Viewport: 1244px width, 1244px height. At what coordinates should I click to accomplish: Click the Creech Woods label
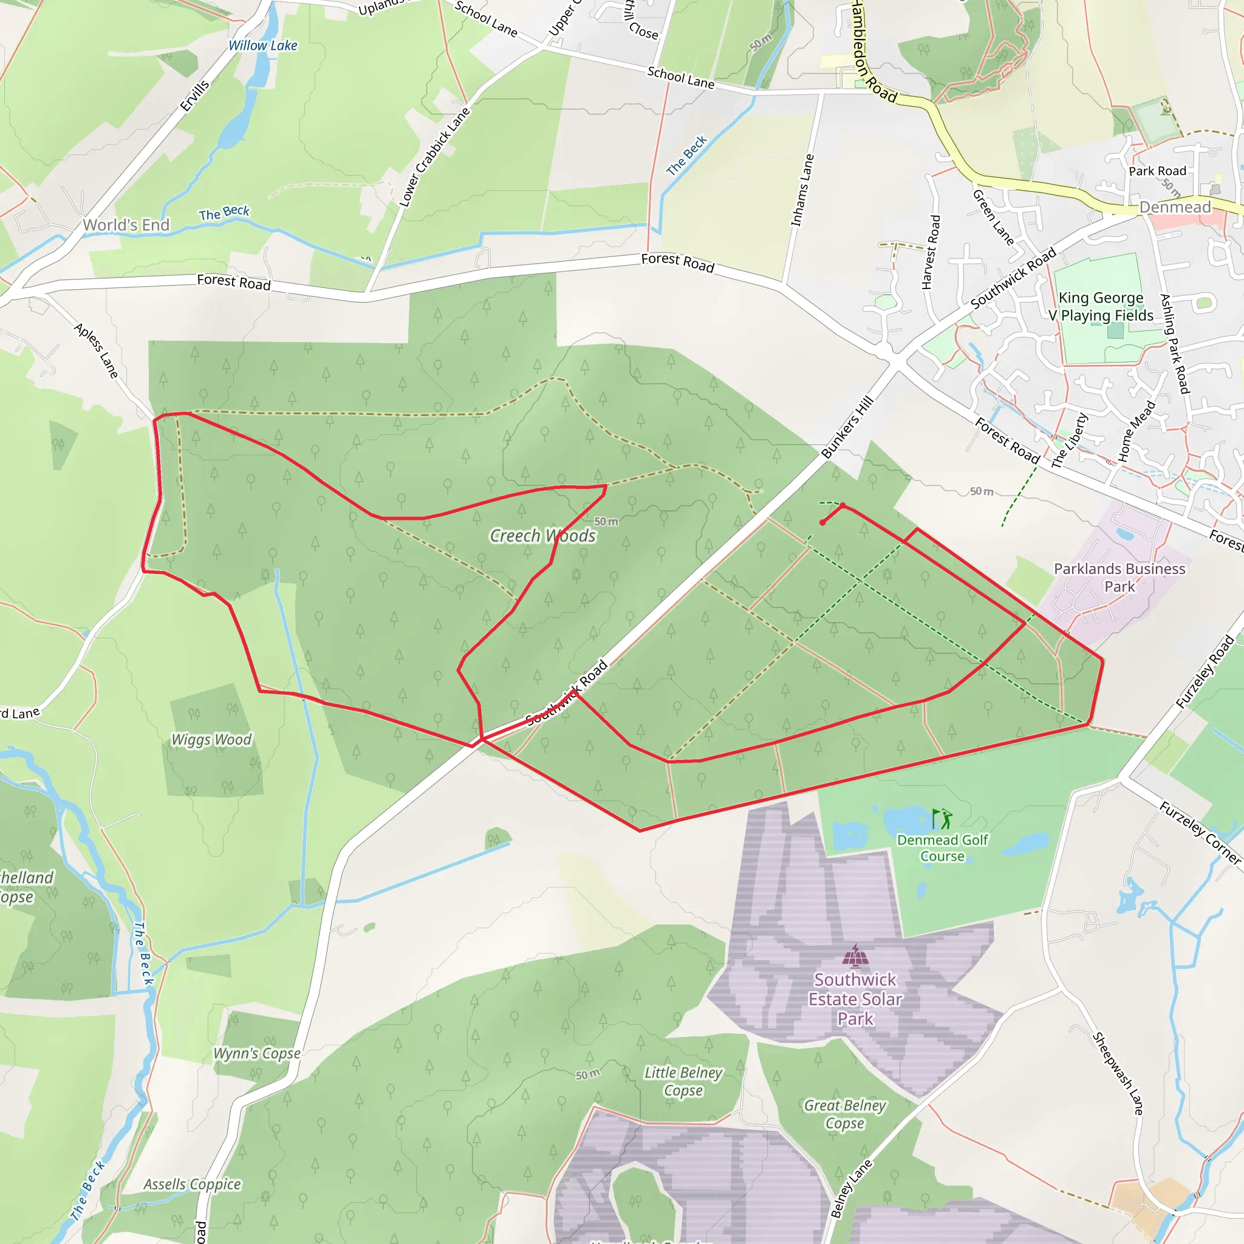543,536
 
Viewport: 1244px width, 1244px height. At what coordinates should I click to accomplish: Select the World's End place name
126,225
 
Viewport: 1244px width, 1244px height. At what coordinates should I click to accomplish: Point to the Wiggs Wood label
211,740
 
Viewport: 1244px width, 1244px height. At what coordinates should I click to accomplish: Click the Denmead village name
1175,207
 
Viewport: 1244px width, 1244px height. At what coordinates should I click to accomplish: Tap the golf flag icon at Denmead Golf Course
942,819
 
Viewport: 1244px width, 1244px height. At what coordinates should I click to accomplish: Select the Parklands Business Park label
1119,578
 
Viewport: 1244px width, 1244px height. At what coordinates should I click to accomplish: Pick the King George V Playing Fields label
1101,307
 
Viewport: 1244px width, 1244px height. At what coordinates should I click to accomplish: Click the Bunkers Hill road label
847,427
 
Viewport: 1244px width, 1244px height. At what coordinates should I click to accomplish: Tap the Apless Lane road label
96,351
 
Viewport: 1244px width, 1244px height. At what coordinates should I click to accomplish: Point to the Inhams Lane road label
802,190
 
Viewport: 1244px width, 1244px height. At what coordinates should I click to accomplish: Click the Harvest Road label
931,253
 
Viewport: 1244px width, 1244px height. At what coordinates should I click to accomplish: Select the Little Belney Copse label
683,1081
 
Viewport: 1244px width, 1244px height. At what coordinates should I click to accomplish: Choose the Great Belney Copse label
845,1114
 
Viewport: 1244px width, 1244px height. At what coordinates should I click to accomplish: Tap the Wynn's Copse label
257,1053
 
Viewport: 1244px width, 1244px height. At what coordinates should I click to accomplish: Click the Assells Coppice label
192,1184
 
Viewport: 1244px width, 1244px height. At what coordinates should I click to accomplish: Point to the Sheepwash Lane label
1118,1073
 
